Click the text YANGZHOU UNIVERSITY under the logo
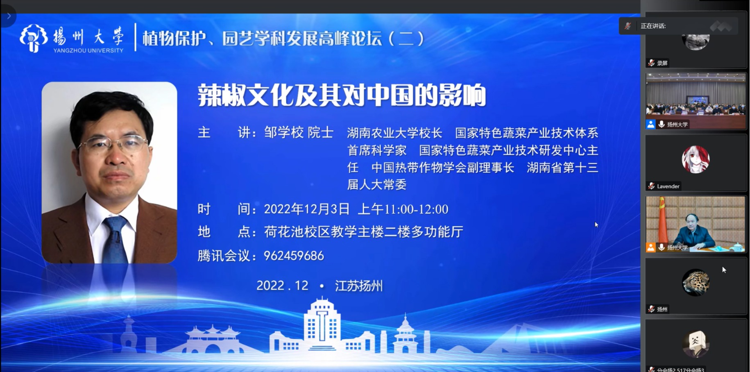[88, 50]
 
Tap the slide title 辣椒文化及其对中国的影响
[342, 95]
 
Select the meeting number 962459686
[294, 256]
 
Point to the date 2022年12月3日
[307, 209]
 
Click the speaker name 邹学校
[284, 132]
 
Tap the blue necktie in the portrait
[115, 240]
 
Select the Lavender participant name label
[668, 186]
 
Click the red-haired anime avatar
[696, 159]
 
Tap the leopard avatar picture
[696, 282]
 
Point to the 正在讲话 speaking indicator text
[653, 26]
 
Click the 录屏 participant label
[662, 63]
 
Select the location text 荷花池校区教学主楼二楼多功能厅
[364, 232]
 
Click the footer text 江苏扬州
[359, 286]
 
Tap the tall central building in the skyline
[322, 326]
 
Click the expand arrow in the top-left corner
[9, 16]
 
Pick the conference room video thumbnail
[696, 101]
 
